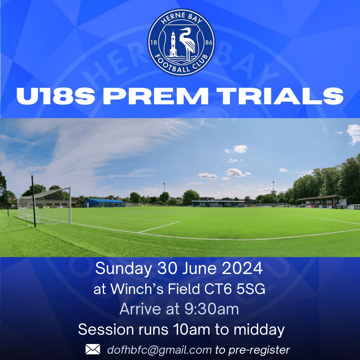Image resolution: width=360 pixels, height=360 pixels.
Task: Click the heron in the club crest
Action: [187, 43]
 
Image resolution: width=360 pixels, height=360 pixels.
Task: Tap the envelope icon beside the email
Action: [93, 349]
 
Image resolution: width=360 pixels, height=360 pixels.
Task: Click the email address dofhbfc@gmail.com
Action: [159, 350]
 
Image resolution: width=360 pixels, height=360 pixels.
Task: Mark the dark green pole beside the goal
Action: [34, 202]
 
